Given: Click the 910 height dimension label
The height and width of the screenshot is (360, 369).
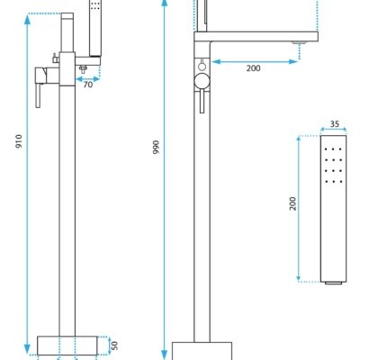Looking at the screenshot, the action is (x=19, y=141).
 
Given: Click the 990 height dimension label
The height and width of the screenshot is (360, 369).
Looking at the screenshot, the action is (x=156, y=147).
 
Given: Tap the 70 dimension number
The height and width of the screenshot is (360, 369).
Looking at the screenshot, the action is (x=88, y=85).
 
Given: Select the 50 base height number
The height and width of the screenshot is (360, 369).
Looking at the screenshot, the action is (x=114, y=346).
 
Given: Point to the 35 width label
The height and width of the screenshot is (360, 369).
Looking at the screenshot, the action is (x=335, y=124).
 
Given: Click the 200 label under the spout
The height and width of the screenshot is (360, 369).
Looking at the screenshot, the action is (x=253, y=68).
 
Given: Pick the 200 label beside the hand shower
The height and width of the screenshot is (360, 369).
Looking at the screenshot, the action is (x=293, y=203).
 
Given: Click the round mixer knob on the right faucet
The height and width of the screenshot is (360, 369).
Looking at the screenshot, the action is (x=202, y=81).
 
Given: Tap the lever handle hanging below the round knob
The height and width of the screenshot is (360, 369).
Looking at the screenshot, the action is (x=202, y=101).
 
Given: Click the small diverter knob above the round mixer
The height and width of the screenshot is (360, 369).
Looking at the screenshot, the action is (x=202, y=65).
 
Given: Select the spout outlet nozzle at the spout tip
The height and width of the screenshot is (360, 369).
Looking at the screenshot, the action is (x=299, y=43).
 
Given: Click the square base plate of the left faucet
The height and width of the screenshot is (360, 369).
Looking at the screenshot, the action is (x=67, y=346).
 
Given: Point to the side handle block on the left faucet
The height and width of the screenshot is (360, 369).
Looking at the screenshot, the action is (x=41, y=76).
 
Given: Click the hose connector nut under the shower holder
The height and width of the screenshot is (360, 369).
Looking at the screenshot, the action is (x=83, y=69).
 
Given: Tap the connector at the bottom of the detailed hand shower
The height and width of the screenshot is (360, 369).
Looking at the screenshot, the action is (x=333, y=283).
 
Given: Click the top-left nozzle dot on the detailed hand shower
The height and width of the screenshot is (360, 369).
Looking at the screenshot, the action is (x=327, y=148).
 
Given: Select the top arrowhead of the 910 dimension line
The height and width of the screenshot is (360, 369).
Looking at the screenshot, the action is (x=27, y=19).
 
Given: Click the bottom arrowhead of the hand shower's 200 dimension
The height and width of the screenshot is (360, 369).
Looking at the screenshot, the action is (x=299, y=277).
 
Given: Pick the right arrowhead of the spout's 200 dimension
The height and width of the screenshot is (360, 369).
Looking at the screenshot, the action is (x=293, y=62).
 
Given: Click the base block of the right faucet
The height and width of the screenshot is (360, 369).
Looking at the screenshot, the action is (x=202, y=351).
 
